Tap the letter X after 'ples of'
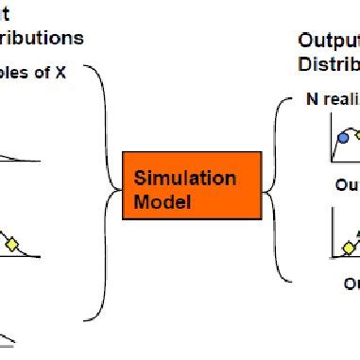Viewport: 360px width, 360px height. (x=60, y=73)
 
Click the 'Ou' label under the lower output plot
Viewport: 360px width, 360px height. (x=351, y=283)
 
